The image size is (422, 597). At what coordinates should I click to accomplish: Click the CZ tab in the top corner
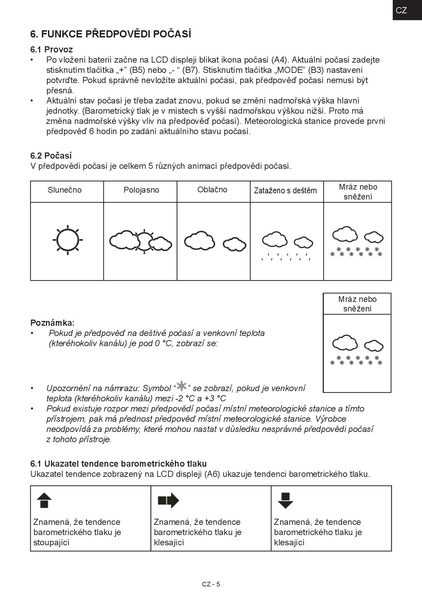(x=402, y=10)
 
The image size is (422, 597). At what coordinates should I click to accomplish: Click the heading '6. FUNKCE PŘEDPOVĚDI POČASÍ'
(x=111, y=34)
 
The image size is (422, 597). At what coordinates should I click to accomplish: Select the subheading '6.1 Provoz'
(x=51, y=50)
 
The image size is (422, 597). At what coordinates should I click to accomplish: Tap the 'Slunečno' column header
(x=65, y=190)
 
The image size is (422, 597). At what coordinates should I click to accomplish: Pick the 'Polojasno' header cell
(x=141, y=190)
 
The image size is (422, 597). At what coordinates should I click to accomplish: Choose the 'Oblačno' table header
(x=212, y=190)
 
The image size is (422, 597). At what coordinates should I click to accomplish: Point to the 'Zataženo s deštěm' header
(x=285, y=191)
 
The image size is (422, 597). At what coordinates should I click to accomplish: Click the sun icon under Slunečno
(x=68, y=240)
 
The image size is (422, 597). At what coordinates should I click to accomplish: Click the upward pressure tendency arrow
(x=44, y=500)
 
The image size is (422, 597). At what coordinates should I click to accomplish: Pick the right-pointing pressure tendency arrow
(x=168, y=500)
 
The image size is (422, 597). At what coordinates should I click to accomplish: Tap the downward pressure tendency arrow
(x=285, y=500)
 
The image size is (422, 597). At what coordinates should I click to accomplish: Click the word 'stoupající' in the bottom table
(x=51, y=543)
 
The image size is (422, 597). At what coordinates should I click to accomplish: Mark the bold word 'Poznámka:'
(x=52, y=323)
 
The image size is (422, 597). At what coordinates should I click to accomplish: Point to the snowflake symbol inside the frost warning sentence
(x=182, y=386)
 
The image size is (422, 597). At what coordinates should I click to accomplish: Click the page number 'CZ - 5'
(x=211, y=584)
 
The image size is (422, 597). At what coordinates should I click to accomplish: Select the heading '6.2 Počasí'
(x=51, y=156)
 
